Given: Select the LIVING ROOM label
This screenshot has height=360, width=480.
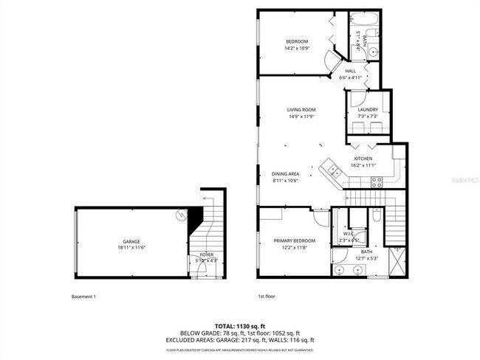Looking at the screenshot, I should click(301, 110).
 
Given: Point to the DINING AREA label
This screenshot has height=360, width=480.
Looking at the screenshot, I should click(284, 173).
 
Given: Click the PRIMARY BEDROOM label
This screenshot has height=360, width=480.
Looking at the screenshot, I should click(295, 241).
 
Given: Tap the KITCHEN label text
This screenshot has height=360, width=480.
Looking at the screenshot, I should click(363, 159).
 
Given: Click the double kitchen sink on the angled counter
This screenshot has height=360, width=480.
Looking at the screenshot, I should click(334, 170).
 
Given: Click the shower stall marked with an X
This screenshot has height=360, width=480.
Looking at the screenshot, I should click(400, 260).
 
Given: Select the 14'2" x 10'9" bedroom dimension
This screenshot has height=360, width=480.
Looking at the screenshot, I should click(297, 48).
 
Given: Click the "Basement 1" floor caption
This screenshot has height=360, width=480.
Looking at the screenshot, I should click(83, 297).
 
